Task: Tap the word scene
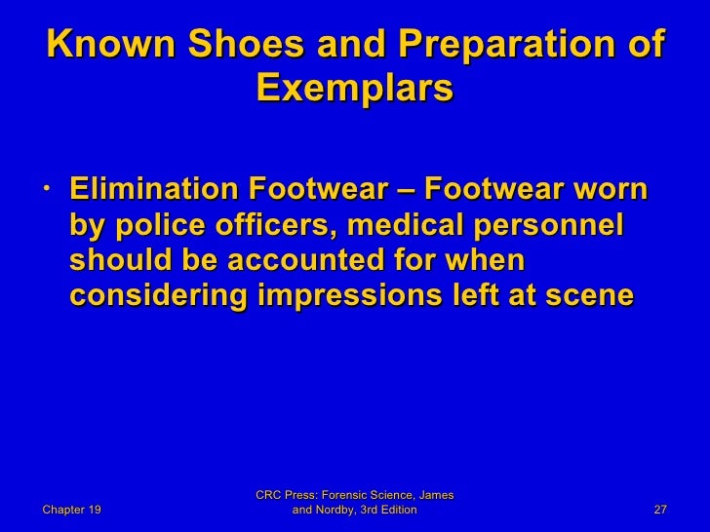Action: coord(591,298)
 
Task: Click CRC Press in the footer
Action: coord(289,496)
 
